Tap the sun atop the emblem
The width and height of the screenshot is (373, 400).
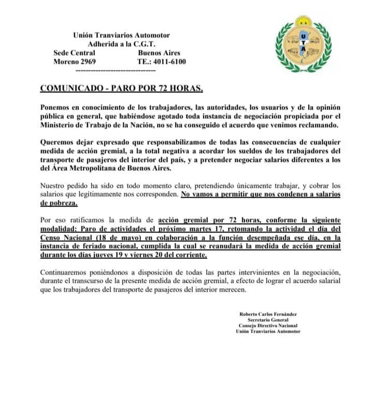(303, 21)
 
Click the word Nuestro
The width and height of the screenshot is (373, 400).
(54, 185)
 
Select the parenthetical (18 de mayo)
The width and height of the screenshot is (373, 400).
(117, 238)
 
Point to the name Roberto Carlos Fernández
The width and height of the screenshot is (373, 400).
(268, 314)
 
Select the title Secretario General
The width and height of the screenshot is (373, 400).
(267, 320)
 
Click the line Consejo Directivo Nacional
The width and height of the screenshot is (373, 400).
(268, 326)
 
